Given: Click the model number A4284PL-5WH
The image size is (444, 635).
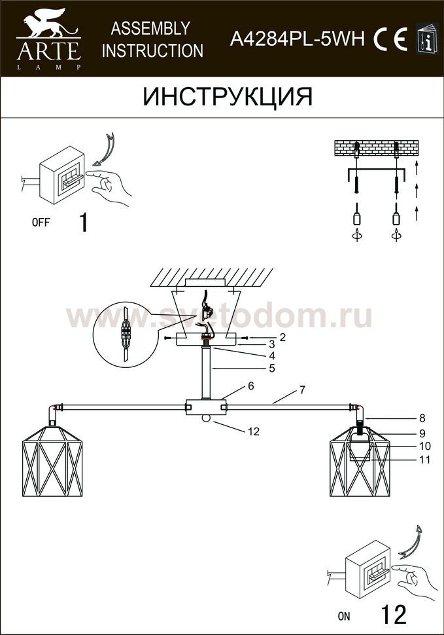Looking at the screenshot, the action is point(298,39).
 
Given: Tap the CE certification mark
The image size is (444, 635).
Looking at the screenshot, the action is point(390,39).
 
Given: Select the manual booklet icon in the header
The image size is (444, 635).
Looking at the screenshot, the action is point(428,39).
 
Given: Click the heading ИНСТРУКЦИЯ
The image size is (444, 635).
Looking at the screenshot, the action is point(228,97).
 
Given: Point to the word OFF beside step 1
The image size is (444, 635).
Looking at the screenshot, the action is point(41,222).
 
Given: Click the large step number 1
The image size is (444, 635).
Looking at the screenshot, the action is point(84,223).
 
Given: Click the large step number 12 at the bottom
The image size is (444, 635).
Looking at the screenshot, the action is point(394,614).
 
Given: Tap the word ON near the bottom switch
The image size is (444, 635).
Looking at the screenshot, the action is point(344,616).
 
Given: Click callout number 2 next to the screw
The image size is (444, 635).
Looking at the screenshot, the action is point(282,337).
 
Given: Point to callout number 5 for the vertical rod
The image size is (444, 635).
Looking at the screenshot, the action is point(272,368).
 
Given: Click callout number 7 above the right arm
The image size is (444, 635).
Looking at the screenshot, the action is point(303,390).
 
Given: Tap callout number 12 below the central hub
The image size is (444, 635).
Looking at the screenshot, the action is point(254,431).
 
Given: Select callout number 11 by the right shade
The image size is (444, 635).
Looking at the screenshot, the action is point(424,460).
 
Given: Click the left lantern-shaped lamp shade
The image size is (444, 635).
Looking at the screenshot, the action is point(52,461).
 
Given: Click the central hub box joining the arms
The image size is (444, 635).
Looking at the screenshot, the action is point(206,407).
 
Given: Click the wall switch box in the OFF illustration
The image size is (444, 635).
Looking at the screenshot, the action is point(62,175).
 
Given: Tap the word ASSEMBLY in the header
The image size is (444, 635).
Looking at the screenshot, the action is point(150,29).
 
